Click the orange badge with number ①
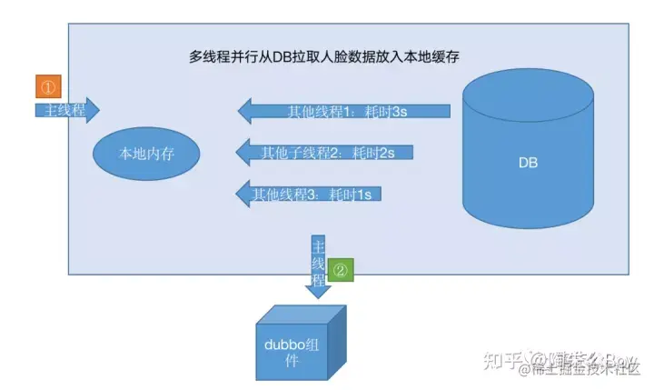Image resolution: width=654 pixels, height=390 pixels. point(48,86)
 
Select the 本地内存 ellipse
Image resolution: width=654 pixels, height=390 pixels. point(146,154)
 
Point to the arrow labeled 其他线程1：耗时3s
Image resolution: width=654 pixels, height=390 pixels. point(345,113)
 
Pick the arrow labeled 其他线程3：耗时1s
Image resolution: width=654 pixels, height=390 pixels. point(309,194)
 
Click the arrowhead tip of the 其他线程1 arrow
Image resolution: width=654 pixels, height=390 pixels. point(241,113)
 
